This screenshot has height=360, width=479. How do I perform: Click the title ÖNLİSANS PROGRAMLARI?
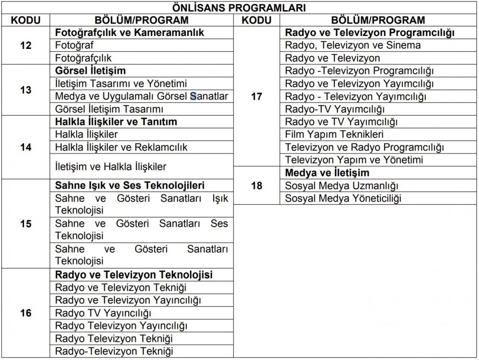[239, 8]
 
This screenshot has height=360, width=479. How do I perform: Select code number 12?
[26, 46]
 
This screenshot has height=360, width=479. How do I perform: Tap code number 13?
[26, 90]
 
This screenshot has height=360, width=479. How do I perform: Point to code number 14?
[26, 147]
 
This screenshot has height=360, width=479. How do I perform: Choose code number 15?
[26, 223]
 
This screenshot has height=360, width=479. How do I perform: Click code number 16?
[26, 313]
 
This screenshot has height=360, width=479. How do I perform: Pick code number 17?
[257, 96]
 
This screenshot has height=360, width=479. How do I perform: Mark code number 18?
[257, 186]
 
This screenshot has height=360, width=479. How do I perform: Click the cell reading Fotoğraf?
[74, 46]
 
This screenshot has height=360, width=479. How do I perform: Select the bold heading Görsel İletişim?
[91, 71]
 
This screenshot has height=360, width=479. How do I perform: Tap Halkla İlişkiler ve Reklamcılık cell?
[121, 147]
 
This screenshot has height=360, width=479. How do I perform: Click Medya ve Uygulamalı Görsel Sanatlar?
[141, 96]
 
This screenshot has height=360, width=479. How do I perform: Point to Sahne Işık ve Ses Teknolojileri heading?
[130, 186]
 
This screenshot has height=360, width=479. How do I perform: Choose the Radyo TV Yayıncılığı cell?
[103, 314]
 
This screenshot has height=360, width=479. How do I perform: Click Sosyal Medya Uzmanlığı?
[342, 186]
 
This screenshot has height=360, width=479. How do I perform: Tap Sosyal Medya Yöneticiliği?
[343, 198]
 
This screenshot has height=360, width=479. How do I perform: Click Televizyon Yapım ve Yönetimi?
[354, 160]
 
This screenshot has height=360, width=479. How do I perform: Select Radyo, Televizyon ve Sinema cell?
[353, 46]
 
